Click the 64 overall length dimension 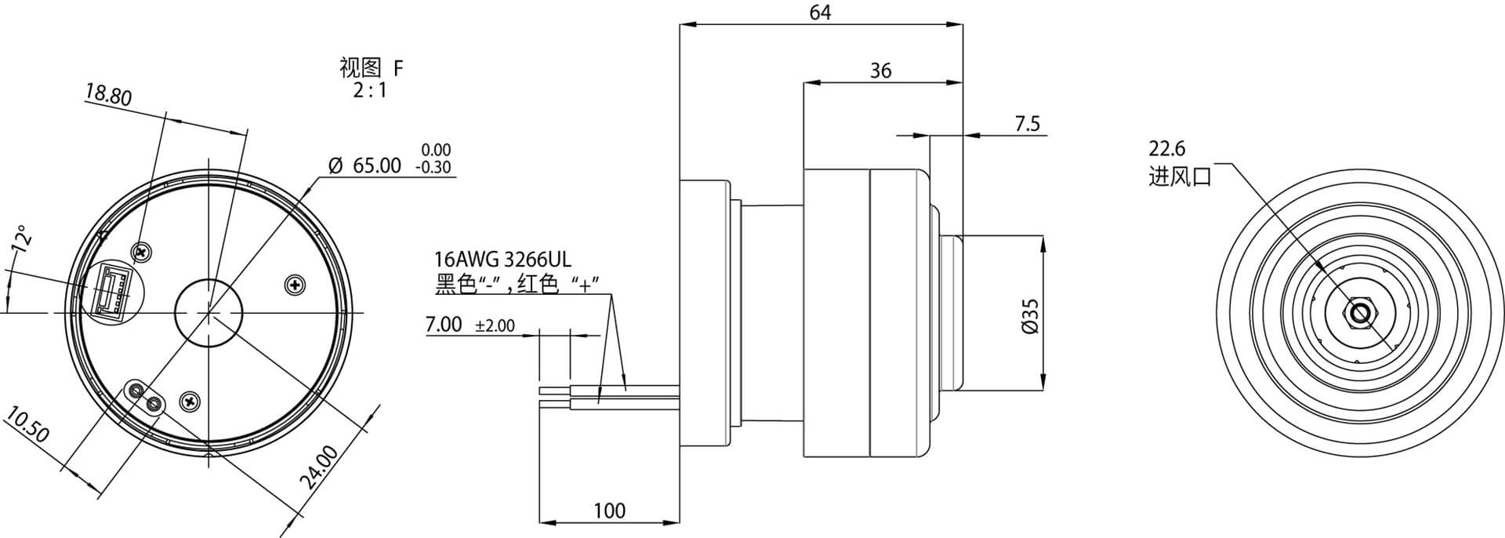click(820, 13)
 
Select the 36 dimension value click(881, 71)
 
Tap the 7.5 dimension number click(1027, 124)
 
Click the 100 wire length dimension click(609, 511)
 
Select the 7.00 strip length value click(444, 324)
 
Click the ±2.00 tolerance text click(495, 325)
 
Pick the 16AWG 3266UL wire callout click(502, 260)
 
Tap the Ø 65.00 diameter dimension click(364, 165)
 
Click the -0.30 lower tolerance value click(434, 168)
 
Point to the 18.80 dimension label click(108, 96)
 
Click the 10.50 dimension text click(27, 425)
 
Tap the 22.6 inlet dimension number click(1167, 148)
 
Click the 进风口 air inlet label click(1180, 176)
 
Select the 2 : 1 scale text click(370, 90)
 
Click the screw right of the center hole click(294, 285)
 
